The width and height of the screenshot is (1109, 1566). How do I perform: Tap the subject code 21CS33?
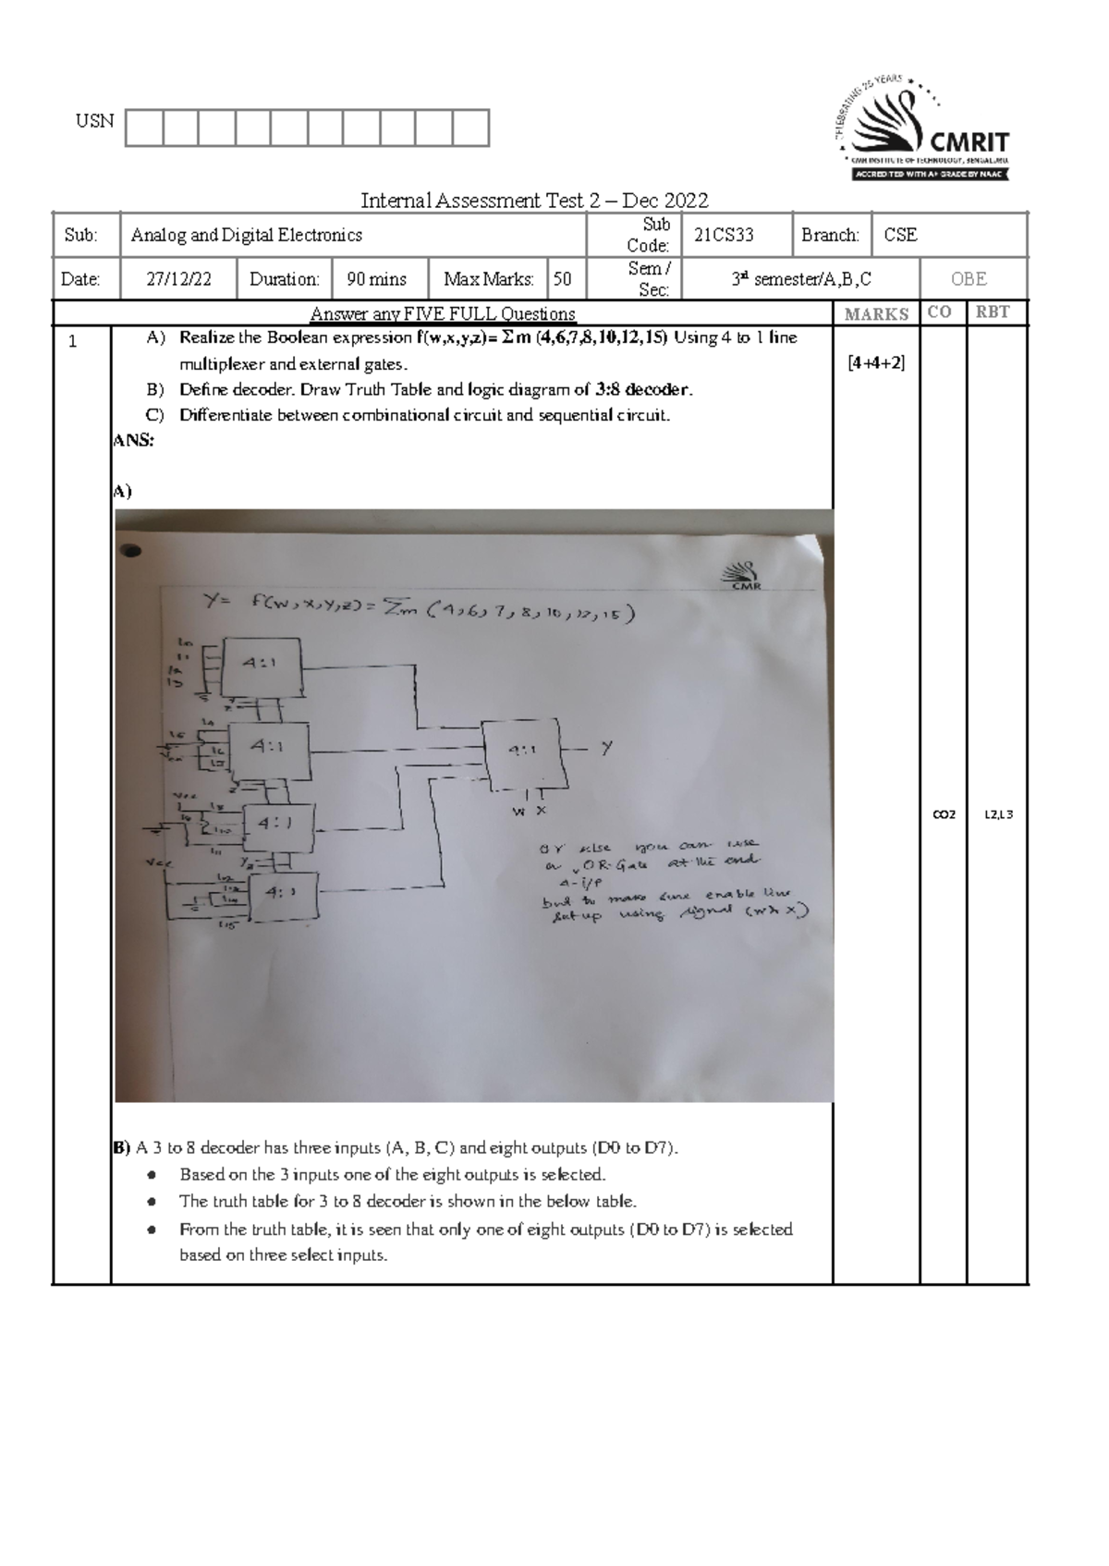[724, 235]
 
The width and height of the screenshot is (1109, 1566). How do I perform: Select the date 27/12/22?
[178, 279]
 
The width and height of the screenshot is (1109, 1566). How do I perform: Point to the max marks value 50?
[562, 279]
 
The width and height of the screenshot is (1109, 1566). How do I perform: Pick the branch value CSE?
[900, 235]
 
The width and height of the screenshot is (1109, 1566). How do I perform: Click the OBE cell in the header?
[969, 279]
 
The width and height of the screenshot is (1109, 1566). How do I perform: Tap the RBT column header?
[993, 312]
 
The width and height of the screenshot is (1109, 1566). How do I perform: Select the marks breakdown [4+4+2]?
[875, 363]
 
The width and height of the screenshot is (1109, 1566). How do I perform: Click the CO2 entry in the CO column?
[944, 814]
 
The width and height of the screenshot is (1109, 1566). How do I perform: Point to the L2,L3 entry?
[998, 814]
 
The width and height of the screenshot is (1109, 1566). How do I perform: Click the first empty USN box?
[143, 128]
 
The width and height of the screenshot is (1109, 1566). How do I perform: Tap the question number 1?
[73, 341]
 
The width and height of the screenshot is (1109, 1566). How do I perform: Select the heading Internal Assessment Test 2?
[534, 201]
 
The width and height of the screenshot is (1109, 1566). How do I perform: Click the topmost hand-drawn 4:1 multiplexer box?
[264, 666]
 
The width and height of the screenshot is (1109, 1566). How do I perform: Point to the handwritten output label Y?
[606, 748]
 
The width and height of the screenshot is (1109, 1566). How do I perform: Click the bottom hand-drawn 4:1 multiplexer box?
[282, 895]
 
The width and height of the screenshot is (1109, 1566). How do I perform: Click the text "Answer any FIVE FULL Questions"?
[443, 314]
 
